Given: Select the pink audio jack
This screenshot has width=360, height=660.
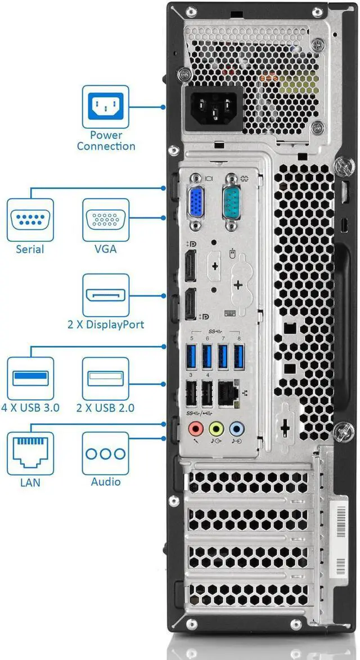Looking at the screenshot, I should tap(196, 429).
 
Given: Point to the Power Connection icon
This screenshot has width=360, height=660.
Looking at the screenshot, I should tap(106, 106).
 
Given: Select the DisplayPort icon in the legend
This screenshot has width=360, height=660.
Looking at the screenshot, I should tap(106, 295).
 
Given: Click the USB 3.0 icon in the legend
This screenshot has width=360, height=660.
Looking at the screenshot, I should tap(30, 378).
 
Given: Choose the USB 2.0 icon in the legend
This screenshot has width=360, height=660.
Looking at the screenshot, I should tap(106, 378).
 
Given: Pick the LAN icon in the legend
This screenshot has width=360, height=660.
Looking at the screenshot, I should tap(30, 454).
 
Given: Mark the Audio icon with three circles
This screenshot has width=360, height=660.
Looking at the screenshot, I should tap(106, 454).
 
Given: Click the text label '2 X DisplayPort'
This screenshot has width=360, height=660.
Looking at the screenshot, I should tap(106, 325).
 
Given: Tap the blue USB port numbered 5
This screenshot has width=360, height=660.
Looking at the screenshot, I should tap(192, 356).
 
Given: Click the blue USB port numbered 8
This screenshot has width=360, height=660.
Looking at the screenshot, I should tap(239, 356).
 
